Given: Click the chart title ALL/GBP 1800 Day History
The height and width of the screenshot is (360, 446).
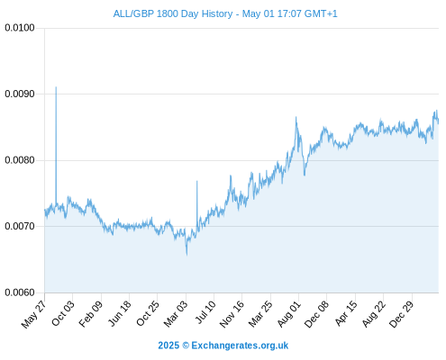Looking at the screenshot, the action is (x=173, y=13).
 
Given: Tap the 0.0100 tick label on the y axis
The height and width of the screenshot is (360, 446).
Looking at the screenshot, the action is (x=20, y=28).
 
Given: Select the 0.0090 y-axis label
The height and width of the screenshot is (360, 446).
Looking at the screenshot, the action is (x=20, y=94).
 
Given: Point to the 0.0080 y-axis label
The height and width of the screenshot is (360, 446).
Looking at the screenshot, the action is (x=20, y=160).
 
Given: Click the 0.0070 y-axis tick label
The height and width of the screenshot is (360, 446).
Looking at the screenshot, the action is (x=20, y=226).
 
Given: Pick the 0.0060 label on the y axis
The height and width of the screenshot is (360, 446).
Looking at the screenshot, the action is (x=20, y=292).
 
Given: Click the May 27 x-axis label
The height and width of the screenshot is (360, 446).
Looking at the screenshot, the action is (x=33, y=314).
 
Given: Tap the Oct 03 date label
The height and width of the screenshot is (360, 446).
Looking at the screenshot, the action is (x=62, y=313).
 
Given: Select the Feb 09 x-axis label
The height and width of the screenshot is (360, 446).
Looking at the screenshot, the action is (x=91, y=314).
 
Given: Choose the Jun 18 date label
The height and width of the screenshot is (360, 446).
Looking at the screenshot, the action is (x=120, y=313).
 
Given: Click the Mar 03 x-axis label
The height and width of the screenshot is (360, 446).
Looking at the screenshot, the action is (x=176, y=313).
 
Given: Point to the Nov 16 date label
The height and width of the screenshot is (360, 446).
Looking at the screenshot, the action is (x=232, y=314).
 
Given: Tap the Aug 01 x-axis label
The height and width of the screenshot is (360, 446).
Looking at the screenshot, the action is (x=288, y=314).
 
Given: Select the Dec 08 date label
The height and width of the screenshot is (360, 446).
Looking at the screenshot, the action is (x=316, y=314).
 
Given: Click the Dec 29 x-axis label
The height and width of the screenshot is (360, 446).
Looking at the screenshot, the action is (x=401, y=314).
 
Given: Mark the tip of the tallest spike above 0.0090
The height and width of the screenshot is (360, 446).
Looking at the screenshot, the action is (x=56, y=87).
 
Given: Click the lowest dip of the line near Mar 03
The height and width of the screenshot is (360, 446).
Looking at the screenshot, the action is (x=187, y=255).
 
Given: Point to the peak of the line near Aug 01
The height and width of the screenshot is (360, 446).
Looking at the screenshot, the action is (x=296, y=117).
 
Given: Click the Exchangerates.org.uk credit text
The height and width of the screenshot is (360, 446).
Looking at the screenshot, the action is (x=240, y=346).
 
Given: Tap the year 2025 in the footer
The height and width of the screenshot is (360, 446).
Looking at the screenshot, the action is (x=168, y=346).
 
